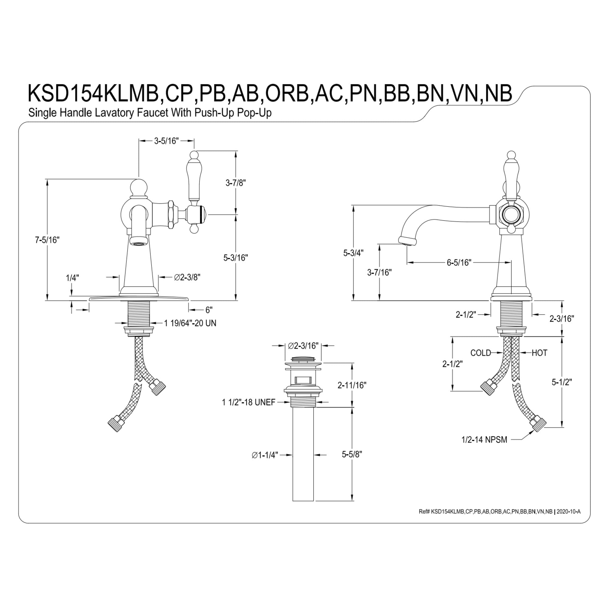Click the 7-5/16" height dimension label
coord(47,240)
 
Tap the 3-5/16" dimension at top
coord(167,141)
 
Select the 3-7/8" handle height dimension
coord(235,183)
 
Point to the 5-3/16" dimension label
coord(235,258)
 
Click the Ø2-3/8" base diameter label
coord(187,277)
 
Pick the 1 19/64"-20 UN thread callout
coord(190,323)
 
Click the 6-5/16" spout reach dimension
coord(459,262)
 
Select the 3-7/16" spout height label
coord(379,272)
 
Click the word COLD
coord(481,353)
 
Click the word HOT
coord(540,353)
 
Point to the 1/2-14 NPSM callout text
coord(484,440)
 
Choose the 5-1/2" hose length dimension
coord(562,382)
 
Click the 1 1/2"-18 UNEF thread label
coord(249,402)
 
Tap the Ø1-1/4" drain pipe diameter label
coord(265,455)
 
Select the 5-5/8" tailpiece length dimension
coord(352,454)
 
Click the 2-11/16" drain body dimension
coord(352,385)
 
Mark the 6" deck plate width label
coord(209,310)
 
